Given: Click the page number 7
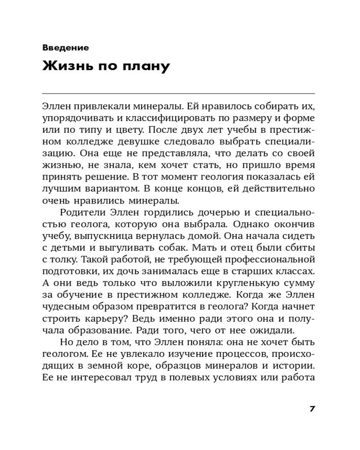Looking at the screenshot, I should point(312,409).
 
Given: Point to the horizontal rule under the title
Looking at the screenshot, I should point(178,93).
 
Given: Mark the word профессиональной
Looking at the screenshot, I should point(268,259).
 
